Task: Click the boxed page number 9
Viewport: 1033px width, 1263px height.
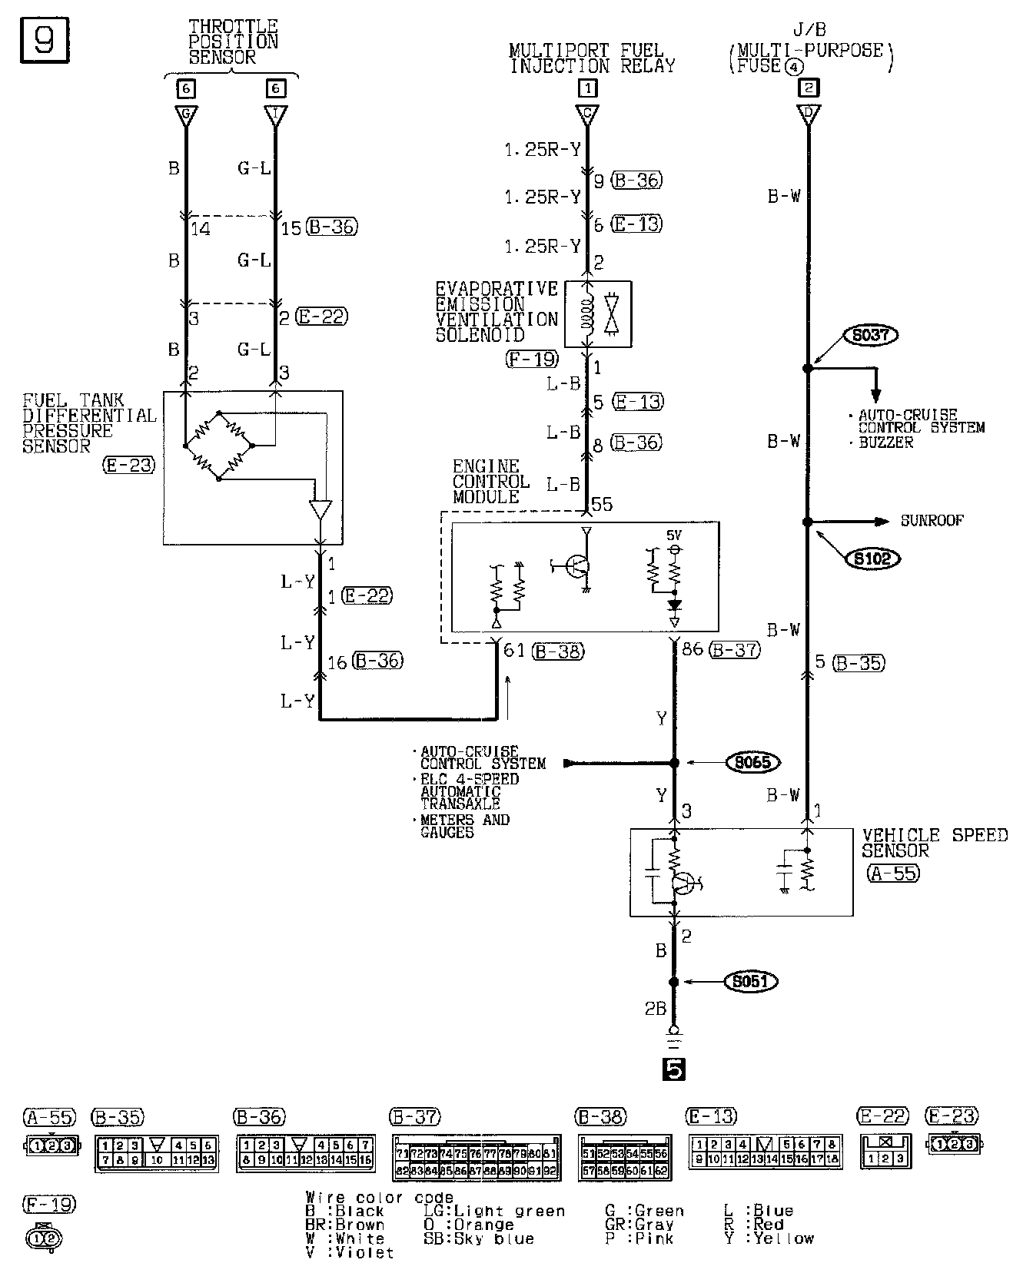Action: click(43, 39)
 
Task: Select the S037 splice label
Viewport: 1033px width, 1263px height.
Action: click(871, 335)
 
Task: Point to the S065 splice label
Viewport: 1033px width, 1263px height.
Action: click(752, 763)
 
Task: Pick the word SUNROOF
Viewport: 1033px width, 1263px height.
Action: click(932, 522)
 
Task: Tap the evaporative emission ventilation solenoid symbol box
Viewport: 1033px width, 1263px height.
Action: click(598, 313)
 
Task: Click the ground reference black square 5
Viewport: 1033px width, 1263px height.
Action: click(673, 1069)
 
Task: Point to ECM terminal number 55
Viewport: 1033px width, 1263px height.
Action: click(602, 505)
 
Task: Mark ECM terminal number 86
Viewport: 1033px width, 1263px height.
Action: click(693, 650)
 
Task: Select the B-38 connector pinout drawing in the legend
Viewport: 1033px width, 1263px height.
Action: click(624, 1158)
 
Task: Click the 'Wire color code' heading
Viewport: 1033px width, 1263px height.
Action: click(380, 1198)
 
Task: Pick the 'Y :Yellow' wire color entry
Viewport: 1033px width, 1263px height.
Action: click(769, 1238)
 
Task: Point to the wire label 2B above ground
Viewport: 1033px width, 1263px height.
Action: click(655, 1009)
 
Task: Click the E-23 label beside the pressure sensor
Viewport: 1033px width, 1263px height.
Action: click(128, 465)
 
